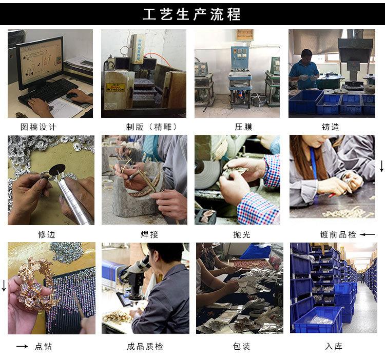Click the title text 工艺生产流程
point(192,14)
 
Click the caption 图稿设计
point(38,127)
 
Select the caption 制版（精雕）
point(151,127)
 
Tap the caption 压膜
point(243,127)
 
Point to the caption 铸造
point(331,127)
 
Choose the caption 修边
point(47,234)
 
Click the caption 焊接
point(149,234)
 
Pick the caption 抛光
point(242,234)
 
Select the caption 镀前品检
point(338,234)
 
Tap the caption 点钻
point(43,346)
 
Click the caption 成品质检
point(145,346)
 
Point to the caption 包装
point(241,346)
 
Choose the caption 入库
point(334,346)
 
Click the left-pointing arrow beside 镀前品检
point(368,235)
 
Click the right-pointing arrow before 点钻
point(22,346)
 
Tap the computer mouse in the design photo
point(72,95)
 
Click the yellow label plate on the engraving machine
point(115,87)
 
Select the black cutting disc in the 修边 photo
point(57,169)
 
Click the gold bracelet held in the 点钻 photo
point(37,285)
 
